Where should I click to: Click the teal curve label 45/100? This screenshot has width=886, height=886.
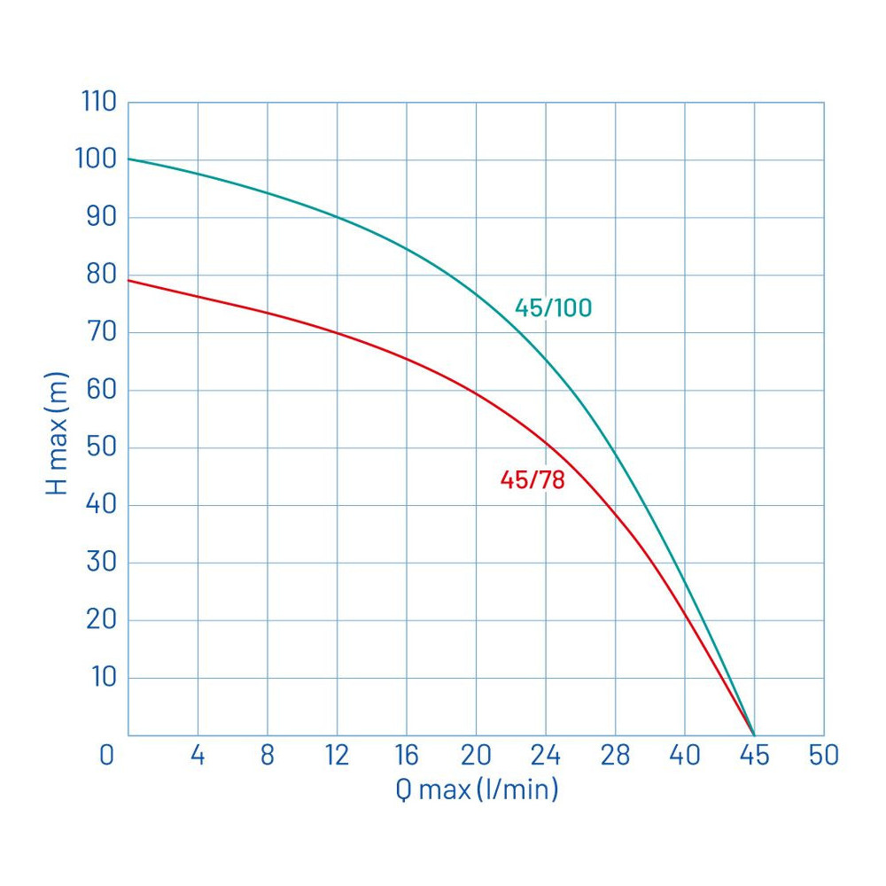point(553,308)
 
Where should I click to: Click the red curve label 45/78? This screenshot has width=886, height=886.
point(532,480)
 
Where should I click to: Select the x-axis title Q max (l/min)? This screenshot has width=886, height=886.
point(477,788)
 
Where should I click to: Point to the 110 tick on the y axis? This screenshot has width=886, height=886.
point(98,102)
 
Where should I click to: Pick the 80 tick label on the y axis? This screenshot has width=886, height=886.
point(101,275)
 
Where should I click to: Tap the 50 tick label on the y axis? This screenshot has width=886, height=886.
point(101,447)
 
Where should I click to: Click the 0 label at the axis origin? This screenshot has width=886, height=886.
point(107,756)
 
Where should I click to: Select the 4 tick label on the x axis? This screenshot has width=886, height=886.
point(198,756)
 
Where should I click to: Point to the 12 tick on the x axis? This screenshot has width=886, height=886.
point(336,756)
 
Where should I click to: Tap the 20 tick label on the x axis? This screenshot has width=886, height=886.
point(476,756)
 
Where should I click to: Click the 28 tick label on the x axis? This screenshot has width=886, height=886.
point(615,756)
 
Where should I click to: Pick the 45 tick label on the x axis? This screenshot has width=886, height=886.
point(754,756)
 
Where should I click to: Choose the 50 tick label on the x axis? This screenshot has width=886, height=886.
point(823,756)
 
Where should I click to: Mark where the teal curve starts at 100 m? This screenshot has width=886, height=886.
point(128,159)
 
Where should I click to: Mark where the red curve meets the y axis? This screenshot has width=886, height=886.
point(128,280)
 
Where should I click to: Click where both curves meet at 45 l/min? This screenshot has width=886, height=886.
point(754,734)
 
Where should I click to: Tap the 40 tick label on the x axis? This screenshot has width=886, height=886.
point(685,756)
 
